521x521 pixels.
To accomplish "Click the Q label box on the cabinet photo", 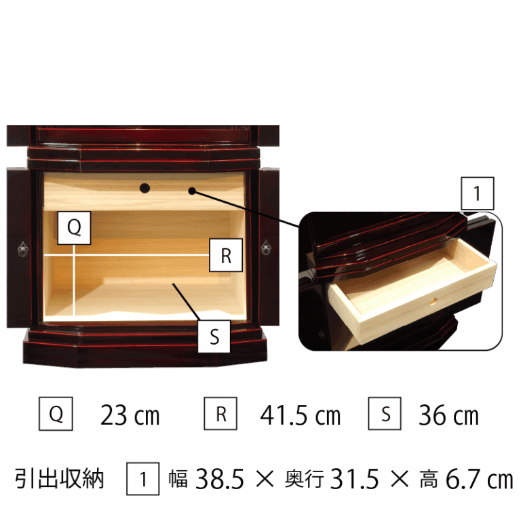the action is [x=74, y=228].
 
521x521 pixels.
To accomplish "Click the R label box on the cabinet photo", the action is [x=226, y=255].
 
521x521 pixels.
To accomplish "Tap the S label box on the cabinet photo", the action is [x=214, y=336].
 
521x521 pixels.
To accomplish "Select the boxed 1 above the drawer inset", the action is [x=478, y=193].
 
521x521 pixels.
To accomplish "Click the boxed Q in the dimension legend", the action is [x=56, y=414].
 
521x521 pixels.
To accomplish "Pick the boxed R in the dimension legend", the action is [x=220, y=414].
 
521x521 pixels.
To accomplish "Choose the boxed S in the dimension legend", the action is [x=385, y=414].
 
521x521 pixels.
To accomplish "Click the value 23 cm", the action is [x=130, y=415].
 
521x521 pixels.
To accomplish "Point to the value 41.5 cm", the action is [x=301, y=415].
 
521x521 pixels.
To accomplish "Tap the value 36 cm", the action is [x=448, y=415].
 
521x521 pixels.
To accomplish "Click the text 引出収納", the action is [x=60, y=479].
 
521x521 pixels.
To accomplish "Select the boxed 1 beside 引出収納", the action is [x=143, y=479].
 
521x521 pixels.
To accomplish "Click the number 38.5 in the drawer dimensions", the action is [x=220, y=479].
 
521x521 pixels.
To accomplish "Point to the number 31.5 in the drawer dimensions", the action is [x=355, y=479].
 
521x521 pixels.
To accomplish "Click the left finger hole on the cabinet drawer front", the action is [x=144, y=189].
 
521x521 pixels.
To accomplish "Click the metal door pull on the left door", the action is [x=22, y=249].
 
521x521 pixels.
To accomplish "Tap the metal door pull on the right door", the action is [x=266, y=248].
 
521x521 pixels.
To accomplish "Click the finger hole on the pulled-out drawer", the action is [x=433, y=301].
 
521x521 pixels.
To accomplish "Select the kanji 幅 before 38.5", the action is [x=178, y=479].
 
